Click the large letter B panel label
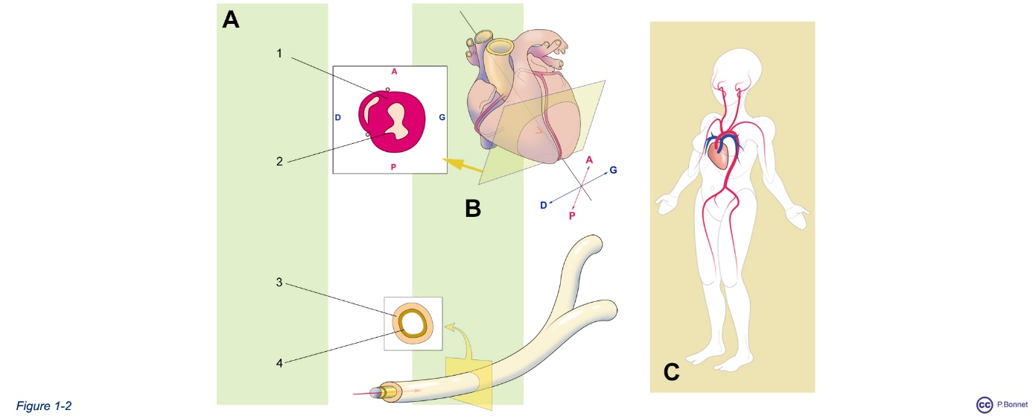(473, 208)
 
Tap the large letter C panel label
(671, 371)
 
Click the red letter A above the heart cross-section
(393, 72)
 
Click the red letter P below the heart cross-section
(393, 167)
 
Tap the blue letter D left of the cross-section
(337, 119)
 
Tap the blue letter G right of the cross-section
(442, 118)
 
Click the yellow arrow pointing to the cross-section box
(462, 164)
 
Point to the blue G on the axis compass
(613, 170)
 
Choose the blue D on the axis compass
(544, 205)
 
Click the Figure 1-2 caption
(44, 406)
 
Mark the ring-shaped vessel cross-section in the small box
(413, 324)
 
